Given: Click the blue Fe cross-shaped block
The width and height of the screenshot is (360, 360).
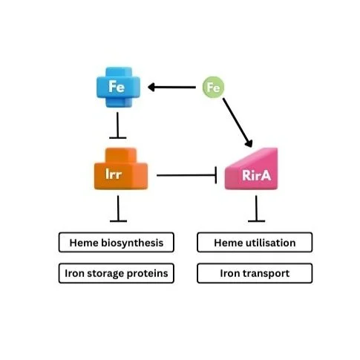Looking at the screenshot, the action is tap(118, 87).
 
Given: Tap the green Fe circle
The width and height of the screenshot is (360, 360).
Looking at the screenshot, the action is tap(213, 87).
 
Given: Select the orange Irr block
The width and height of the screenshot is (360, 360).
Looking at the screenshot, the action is tap(121, 169).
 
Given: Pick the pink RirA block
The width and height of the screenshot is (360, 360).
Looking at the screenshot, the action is tap(252, 169).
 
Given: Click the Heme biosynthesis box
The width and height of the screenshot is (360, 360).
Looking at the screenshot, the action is tap(117, 243).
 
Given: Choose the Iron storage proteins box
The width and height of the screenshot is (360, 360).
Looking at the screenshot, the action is tap(117, 273).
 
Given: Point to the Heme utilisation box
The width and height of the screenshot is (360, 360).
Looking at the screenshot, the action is tap(255, 243).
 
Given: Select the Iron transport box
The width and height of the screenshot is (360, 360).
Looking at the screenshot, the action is tap(255, 273).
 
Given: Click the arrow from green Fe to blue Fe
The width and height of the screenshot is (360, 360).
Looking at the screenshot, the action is tap(171, 87).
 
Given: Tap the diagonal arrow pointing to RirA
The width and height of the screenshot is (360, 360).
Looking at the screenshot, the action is tap(238, 122).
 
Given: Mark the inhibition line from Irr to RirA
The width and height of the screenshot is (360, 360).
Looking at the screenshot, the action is tap(187, 175).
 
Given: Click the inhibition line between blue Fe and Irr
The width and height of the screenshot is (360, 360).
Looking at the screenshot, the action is tap(118, 125).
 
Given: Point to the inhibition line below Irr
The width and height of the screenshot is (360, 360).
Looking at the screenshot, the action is tap(118, 209).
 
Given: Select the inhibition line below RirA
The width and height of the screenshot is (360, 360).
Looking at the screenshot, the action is tap(256, 209).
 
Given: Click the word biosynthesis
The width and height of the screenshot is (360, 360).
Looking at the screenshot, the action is tap(132, 243).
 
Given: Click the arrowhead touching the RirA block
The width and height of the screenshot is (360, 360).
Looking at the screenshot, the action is tap(249, 143).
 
